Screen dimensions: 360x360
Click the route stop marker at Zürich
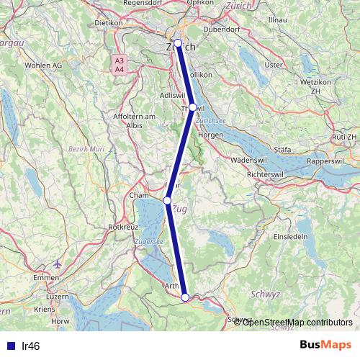coord(178,42)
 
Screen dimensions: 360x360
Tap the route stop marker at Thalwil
coord(192,107)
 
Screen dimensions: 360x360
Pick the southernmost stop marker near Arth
coord(185,297)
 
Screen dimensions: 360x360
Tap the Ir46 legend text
coord(31,346)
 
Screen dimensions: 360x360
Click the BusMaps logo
coord(326,346)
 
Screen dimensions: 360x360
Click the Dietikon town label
coord(109,22)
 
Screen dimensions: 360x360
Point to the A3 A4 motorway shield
coord(119,64)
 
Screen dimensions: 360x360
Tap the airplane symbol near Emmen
coord(58,263)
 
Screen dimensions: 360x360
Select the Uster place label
coord(274,64)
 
